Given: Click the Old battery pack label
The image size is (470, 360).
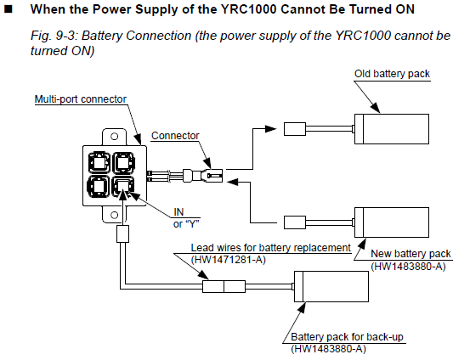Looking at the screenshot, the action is tap(392, 74).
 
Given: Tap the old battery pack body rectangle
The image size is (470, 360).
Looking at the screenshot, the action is tap(392, 129).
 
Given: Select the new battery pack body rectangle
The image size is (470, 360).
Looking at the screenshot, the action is tap(392, 222).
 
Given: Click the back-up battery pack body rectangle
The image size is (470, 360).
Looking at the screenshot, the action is tap(331, 287).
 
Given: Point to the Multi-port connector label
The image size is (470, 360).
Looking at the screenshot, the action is tap(81, 99).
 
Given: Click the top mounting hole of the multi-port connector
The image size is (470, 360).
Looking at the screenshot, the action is tap(114, 137).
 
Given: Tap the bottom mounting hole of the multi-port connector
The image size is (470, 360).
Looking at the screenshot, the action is tap(114, 215).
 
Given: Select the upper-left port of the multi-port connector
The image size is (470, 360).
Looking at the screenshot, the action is tap(99, 163).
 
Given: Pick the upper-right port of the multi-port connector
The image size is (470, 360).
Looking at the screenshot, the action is tap(123, 163).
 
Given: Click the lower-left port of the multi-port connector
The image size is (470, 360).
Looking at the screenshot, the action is tap(99, 187).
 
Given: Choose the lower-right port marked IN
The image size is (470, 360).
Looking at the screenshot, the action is tap(123, 187).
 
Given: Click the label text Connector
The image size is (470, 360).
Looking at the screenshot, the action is tap(175, 136).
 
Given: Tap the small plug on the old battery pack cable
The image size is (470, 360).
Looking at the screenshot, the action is tap(295, 129).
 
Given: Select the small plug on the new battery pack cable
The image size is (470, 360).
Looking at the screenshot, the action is tap(295, 222).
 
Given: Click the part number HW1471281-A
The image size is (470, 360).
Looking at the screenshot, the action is tap(229, 259).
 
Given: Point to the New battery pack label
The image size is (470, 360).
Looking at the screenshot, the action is tap(411, 254).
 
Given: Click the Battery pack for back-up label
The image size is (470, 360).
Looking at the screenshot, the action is tap(347, 337).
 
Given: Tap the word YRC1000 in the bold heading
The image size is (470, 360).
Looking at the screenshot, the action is tap(248, 9).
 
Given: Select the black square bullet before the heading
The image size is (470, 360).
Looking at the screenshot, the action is tap(8, 9).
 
